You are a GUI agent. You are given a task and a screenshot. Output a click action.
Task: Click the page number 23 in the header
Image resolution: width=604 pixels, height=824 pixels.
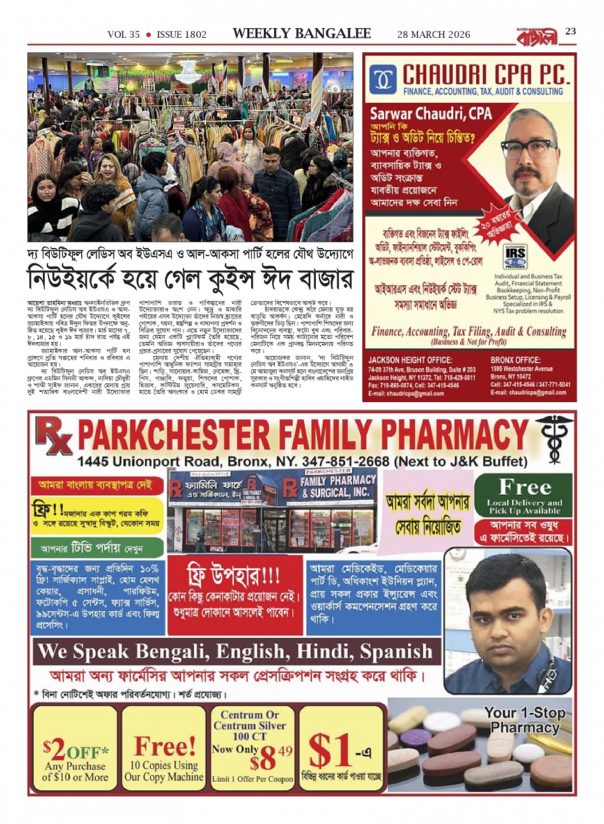tap(570, 31)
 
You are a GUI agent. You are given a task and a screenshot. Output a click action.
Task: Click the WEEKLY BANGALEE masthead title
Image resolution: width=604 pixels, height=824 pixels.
tap(302, 34)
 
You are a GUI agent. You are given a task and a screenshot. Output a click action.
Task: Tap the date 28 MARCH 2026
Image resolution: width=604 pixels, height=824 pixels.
tap(433, 35)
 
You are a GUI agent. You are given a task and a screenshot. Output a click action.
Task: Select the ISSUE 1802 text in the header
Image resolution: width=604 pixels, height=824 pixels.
tap(182, 35)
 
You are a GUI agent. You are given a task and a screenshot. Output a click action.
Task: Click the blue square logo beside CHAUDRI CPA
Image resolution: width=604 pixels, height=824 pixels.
tap(383, 80)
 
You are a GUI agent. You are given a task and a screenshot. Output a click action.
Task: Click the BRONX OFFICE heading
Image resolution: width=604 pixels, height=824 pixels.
tap(515, 361)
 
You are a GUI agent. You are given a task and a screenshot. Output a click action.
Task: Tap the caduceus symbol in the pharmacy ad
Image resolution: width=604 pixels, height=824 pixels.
tap(550, 436)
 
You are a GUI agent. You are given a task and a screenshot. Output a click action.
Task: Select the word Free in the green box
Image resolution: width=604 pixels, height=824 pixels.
tap(524, 487)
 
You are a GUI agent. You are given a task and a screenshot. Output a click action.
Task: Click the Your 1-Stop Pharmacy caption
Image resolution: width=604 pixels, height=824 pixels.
tap(524, 720)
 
